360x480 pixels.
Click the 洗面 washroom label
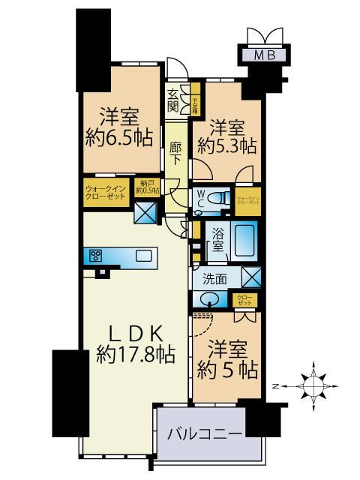[215, 279]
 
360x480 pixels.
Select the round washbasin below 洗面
[211, 299]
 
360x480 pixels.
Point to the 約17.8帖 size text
[136, 354]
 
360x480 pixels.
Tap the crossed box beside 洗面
[251, 278]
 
